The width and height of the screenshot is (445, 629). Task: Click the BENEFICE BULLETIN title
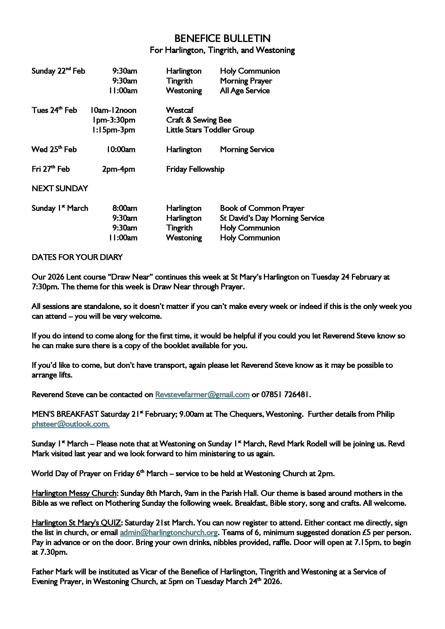point(222,39)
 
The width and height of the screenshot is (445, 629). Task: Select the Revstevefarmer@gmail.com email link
point(202,395)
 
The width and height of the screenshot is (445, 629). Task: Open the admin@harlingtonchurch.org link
point(169,532)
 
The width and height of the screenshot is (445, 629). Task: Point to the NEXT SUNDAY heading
point(60,189)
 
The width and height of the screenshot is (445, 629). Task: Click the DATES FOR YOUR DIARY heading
point(77,257)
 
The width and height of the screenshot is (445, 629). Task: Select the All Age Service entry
point(245,91)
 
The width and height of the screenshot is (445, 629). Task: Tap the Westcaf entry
point(180,110)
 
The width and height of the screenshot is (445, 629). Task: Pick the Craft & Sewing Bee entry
point(199,120)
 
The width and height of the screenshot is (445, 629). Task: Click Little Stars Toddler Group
point(210,130)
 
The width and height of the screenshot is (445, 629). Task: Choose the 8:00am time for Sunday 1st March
point(125,208)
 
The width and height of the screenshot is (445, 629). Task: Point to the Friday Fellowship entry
point(195,169)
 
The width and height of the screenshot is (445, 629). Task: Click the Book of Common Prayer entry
point(262,208)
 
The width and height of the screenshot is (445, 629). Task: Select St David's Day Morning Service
point(272,218)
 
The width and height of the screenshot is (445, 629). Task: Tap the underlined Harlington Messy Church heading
point(74,493)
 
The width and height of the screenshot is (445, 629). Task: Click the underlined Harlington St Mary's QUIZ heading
point(76,523)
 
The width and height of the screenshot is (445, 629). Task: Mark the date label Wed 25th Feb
point(54,150)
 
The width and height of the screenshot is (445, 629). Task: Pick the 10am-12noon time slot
point(114,110)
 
